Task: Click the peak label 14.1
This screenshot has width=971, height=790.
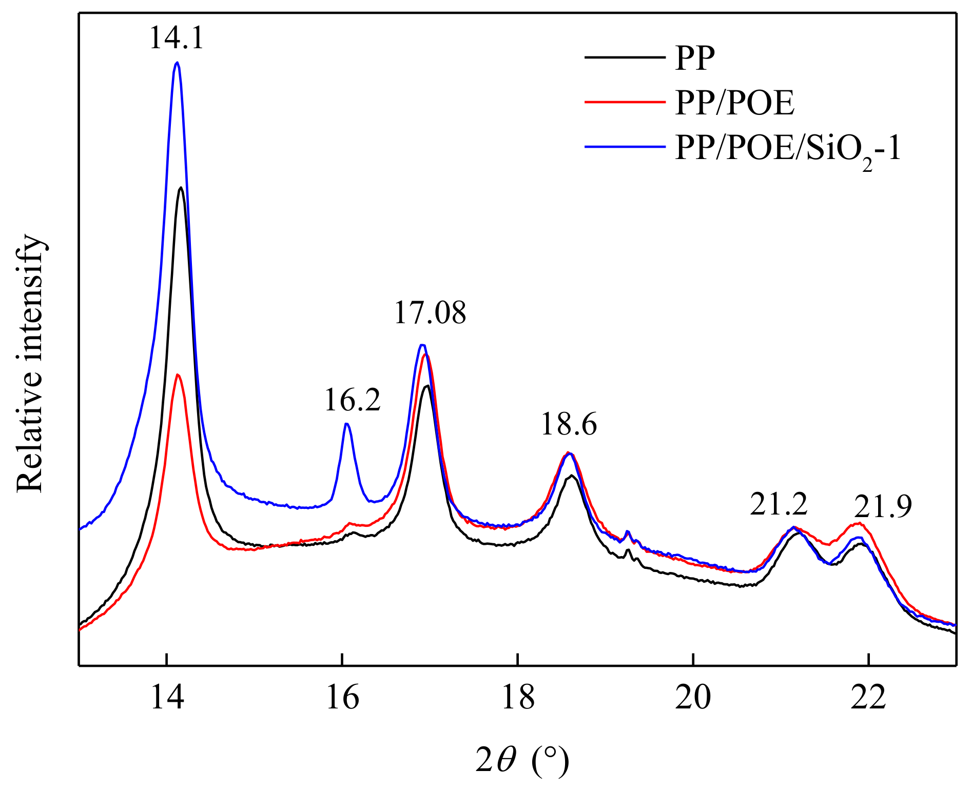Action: click(177, 38)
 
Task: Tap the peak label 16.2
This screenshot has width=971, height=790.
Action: click(353, 400)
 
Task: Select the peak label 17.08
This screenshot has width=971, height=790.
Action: click(430, 312)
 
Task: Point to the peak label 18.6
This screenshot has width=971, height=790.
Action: click(569, 425)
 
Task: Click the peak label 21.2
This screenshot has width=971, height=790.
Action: click(779, 504)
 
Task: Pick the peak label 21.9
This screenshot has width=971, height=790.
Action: click(883, 507)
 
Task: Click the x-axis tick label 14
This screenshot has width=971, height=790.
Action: click(167, 698)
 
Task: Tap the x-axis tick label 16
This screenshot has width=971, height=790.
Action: click(342, 698)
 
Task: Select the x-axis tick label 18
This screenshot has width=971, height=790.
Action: click(518, 698)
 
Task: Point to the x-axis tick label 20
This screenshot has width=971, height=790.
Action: click(693, 698)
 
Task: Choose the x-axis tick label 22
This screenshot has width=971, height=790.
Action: click(868, 698)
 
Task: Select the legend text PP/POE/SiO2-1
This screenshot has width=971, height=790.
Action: click(788, 148)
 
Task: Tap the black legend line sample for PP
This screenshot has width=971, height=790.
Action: click(625, 57)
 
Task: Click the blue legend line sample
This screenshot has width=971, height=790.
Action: click(625, 147)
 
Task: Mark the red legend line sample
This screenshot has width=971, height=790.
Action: click(625, 102)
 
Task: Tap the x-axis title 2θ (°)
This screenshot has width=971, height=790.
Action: click(522, 760)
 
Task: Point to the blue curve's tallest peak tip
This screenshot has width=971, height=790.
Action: click(177, 63)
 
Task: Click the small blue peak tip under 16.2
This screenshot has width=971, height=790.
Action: click(347, 424)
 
